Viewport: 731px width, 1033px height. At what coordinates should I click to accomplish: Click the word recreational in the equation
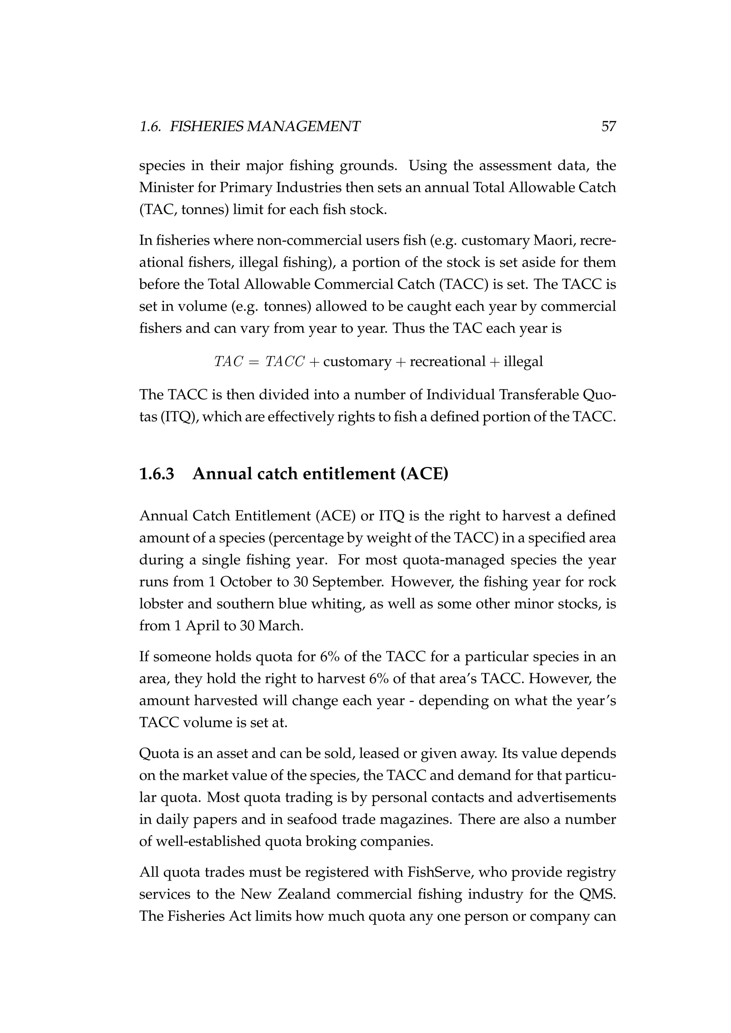click(x=448, y=361)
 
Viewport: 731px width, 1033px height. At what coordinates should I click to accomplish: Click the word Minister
click(x=166, y=187)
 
